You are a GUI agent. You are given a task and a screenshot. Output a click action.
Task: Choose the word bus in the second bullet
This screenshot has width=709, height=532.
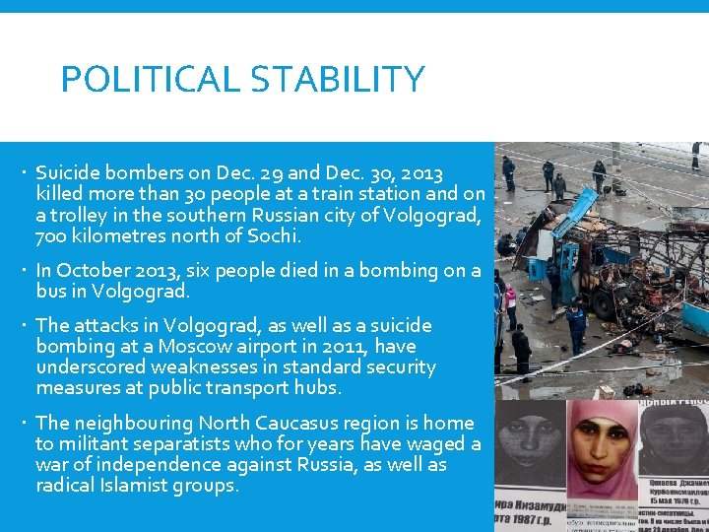(x=52, y=292)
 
